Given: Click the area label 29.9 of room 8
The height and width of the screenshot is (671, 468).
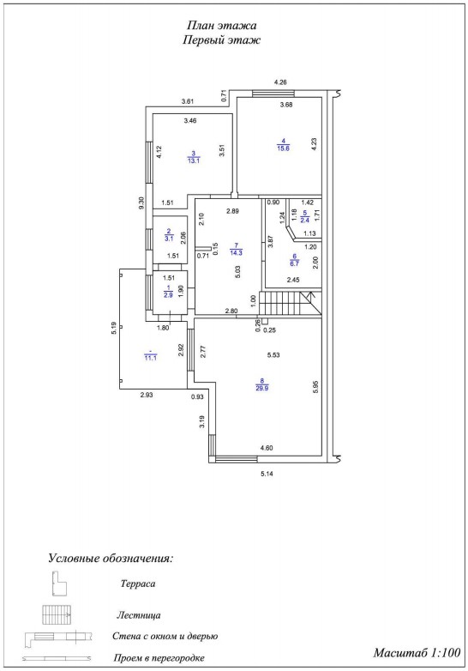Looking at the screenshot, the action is [262, 389].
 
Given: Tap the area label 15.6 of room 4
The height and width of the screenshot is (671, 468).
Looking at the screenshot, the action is [283, 148].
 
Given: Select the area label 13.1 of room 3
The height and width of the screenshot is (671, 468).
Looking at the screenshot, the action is [194, 160].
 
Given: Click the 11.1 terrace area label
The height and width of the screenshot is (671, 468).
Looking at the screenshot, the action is [150, 358].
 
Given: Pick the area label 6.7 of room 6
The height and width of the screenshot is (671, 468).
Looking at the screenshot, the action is [294, 263].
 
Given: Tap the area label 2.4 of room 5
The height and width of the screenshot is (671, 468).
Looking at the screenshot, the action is [305, 221].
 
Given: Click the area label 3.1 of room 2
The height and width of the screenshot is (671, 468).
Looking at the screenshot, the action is [169, 239].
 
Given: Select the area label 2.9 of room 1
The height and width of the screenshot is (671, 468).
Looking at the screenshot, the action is [168, 295].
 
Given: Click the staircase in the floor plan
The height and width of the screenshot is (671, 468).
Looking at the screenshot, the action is [291, 303].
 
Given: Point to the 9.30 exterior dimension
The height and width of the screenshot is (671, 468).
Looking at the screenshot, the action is [142, 202].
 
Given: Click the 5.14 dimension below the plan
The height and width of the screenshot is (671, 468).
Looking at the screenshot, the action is [267, 474].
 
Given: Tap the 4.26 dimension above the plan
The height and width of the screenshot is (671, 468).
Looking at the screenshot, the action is [280, 82].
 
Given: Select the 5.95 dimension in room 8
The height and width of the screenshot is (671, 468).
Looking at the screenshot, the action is [315, 387].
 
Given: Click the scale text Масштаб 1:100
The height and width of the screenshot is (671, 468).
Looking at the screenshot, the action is [417, 653].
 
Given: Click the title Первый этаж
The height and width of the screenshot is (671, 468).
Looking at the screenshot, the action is [221, 40].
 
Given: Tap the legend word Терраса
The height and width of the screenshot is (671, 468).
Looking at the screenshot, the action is [138, 583].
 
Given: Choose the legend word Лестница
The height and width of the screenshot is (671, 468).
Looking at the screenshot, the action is [139, 615].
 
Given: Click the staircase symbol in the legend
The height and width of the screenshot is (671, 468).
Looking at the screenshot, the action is [57, 615].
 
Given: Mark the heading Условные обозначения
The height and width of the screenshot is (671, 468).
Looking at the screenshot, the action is [111, 559].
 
